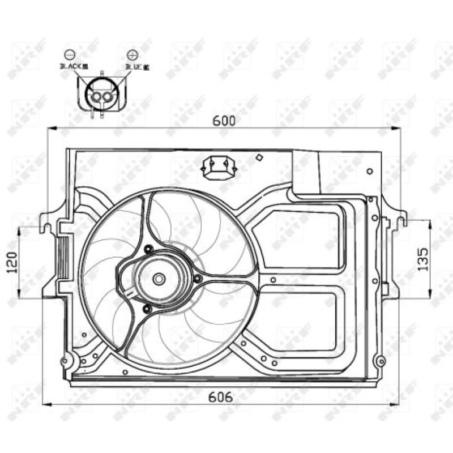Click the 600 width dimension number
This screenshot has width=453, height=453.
224,120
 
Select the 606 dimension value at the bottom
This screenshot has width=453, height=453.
221,397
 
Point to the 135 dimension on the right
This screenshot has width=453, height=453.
423,258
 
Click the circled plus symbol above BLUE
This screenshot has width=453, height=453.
133,55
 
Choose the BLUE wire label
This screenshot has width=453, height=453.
137,67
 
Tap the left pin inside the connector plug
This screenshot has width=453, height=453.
96,97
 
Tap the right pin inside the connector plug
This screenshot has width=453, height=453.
108,97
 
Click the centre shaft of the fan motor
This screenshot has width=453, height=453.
159,279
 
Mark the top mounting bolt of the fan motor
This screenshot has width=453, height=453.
148,249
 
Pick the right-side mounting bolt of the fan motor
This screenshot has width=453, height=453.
197,279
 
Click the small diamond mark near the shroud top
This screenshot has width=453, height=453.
259,158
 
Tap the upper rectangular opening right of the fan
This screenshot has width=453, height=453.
297,238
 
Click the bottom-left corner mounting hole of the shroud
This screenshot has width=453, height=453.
65,361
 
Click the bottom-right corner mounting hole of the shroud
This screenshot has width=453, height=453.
381,361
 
